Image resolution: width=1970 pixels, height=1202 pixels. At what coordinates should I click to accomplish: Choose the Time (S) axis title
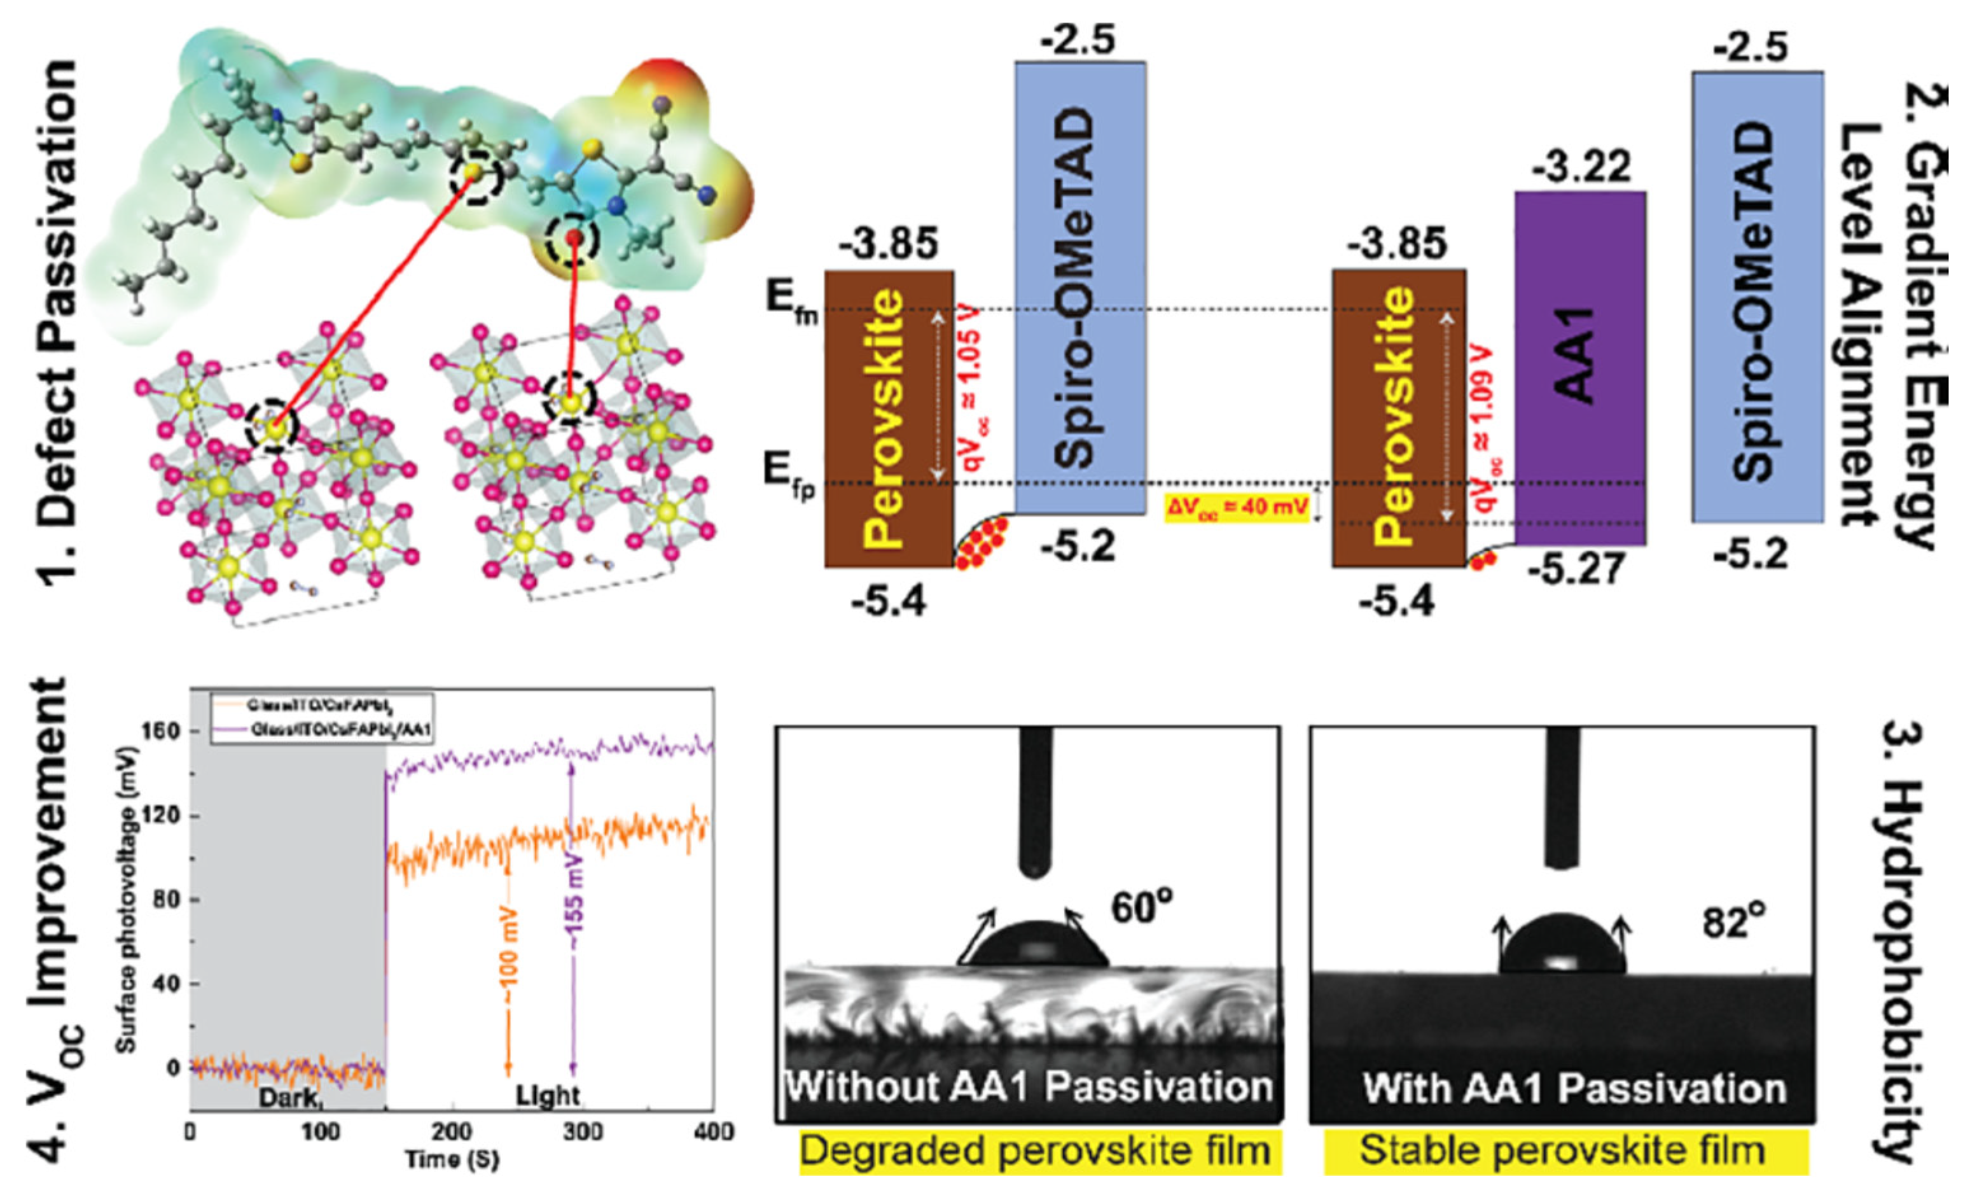click(452, 1159)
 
